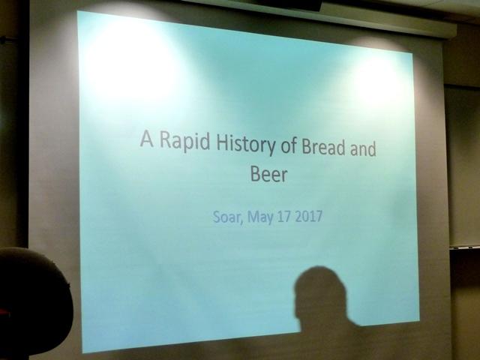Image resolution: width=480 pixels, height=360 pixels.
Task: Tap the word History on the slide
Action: pos(246,144)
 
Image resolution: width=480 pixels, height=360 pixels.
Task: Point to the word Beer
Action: pos(268,174)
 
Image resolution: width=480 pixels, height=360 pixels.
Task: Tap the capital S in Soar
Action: pos(216,216)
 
